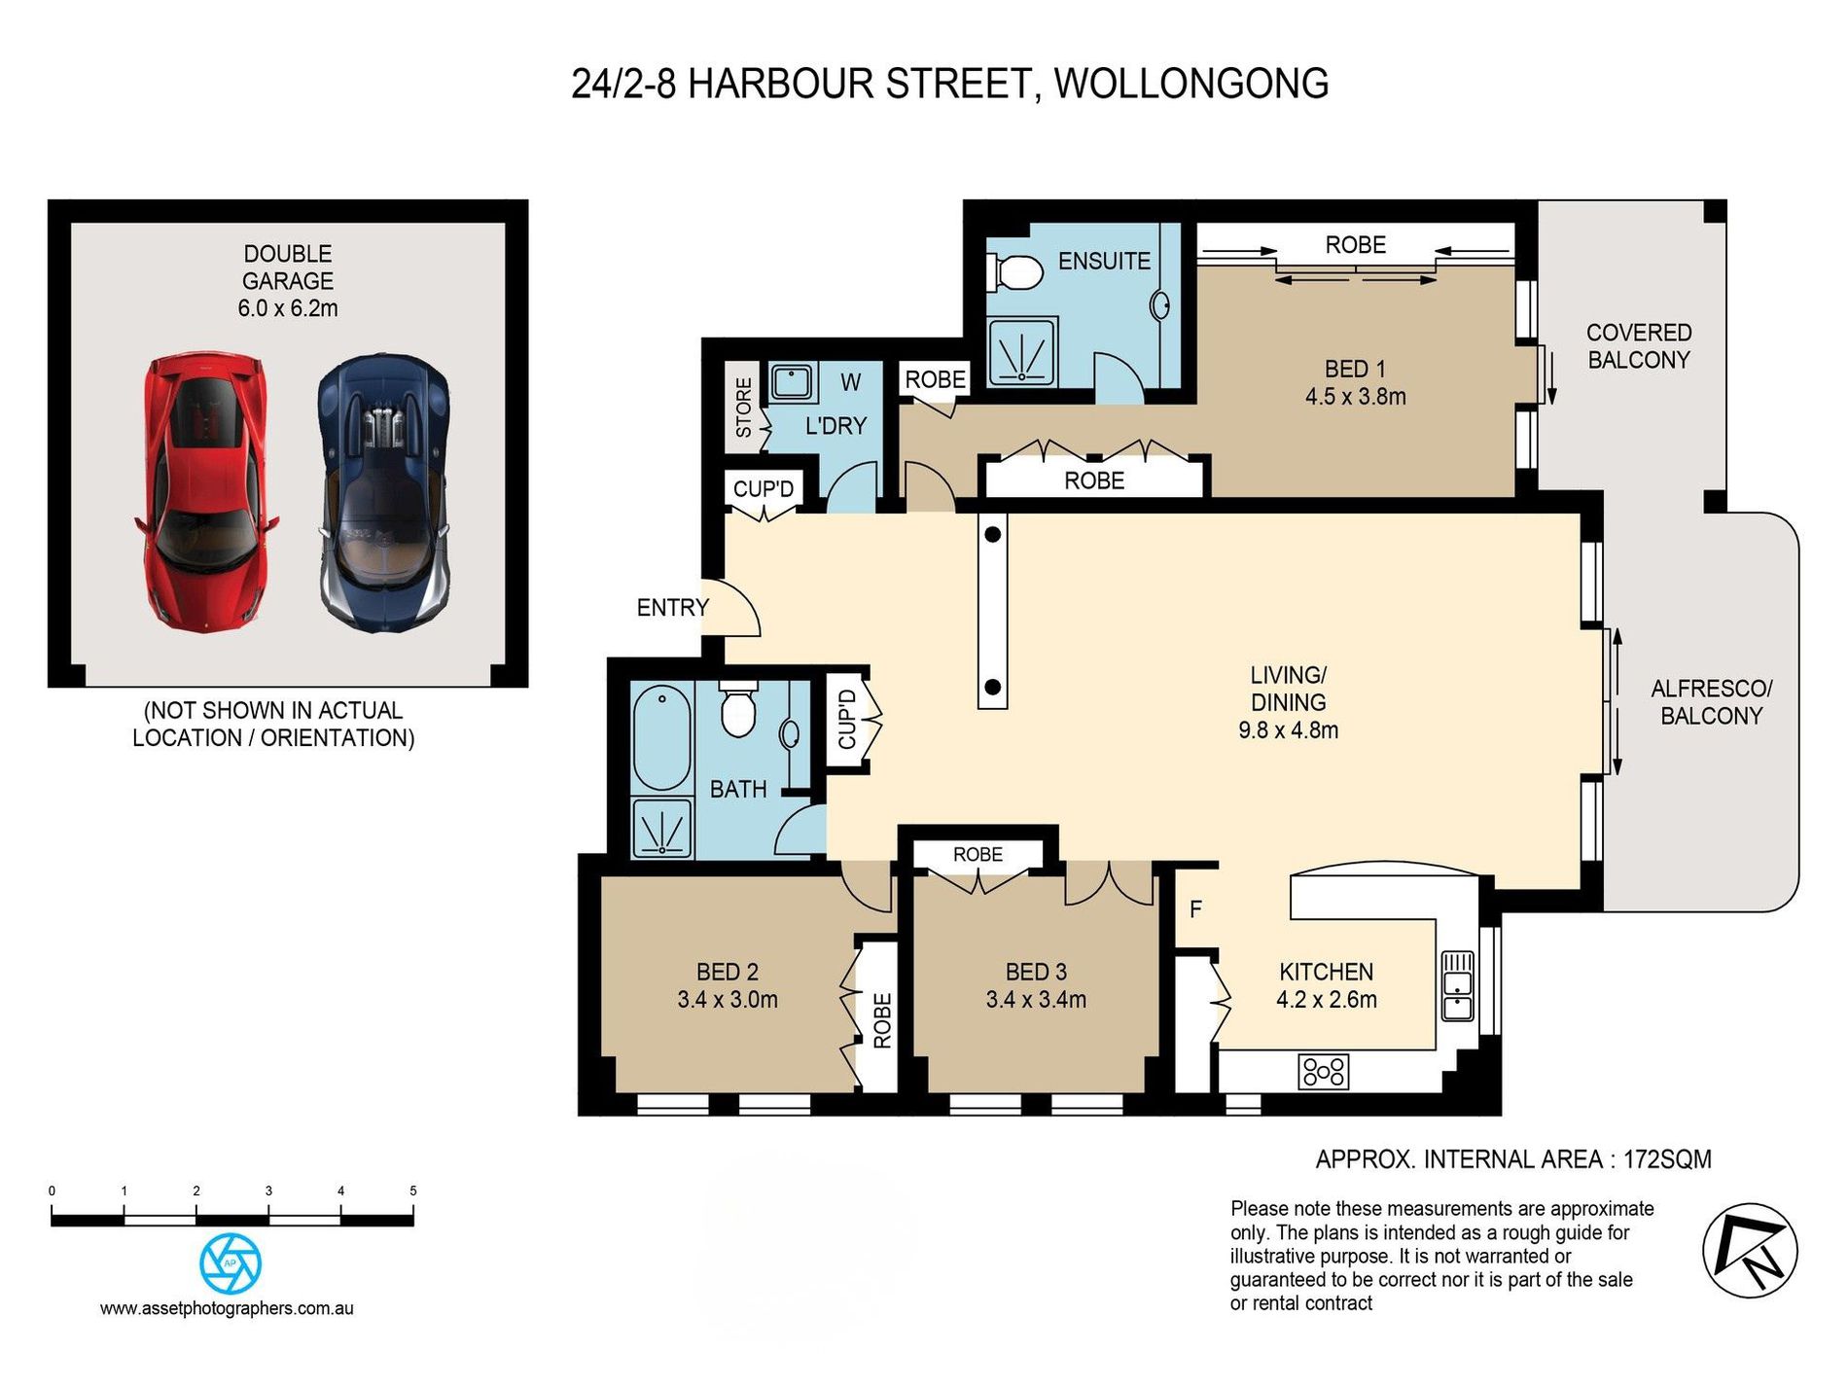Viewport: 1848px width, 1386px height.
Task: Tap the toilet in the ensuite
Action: pos(1014,271)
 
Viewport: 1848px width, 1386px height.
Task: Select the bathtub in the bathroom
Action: pos(661,737)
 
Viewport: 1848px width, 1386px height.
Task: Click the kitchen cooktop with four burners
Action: pos(1324,1071)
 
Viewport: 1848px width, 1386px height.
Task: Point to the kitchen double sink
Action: pos(1457,984)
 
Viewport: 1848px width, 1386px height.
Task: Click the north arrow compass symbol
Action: pos(1750,1251)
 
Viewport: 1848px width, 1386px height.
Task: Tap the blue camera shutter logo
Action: pos(231,1263)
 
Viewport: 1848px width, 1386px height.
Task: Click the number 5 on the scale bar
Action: pos(413,1191)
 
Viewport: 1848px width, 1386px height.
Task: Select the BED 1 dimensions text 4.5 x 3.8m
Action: pos(1355,397)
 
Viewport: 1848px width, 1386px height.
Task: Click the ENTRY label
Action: pos(672,608)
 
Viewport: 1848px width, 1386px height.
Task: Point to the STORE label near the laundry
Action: pos(744,408)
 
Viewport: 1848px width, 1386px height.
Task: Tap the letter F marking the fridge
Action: pos(1195,908)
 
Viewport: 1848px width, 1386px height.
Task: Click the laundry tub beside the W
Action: pos(792,382)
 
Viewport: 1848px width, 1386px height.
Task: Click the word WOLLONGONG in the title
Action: pos(1191,84)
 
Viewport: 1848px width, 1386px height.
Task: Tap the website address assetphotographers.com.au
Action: pos(227,1309)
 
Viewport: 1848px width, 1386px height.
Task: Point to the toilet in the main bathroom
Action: pos(738,710)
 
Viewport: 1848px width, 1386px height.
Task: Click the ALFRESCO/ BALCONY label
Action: pos(1711,702)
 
